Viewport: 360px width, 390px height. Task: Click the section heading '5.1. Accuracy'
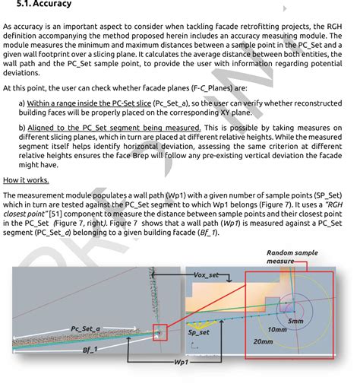[44, 5]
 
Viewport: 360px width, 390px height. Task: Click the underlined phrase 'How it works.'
[26, 180]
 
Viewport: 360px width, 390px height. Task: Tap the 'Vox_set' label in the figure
[207, 274]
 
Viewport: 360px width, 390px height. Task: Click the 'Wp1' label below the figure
[182, 363]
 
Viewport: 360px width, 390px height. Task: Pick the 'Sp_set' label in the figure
[199, 332]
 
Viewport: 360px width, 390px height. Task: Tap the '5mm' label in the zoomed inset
[295, 322]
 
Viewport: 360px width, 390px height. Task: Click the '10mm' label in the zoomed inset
[277, 331]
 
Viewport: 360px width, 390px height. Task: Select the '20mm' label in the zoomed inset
[263, 342]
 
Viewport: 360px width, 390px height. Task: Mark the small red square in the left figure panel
[160, 331]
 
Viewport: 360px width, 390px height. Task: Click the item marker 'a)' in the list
[22, 102]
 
